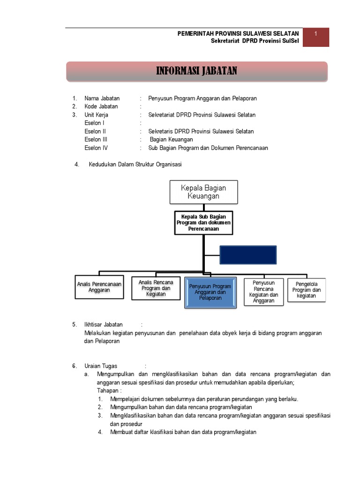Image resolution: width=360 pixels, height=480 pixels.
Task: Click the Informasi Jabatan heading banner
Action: click(x=196, y=71)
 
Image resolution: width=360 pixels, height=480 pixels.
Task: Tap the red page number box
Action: click(x=316, y=37)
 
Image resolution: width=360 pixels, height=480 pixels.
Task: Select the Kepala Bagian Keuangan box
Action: click(x=203, y=192)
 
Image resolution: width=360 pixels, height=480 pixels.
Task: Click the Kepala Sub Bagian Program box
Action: click(x=203, y=223)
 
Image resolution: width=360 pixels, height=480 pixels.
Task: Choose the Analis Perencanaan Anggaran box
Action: click(x=99, y=287)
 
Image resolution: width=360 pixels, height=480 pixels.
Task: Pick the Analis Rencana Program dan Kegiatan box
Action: click(x=156, y=288)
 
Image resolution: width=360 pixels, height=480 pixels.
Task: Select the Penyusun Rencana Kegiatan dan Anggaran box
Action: click(x=263, y=292)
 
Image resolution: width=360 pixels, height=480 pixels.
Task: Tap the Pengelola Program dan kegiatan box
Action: click(x=307, y=290)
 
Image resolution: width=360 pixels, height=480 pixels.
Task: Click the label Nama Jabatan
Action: click(x=102, y=98)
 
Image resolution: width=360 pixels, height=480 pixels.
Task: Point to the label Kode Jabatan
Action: click(x=101, y=106)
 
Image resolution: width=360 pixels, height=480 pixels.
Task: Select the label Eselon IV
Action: click(x=96, y=148)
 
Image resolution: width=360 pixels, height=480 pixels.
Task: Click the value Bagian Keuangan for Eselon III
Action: click(x=171, y=140)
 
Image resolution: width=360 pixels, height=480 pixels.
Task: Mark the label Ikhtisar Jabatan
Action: click(x=104, y=324)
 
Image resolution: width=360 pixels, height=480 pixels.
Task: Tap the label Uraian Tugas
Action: click(x=101, y=366)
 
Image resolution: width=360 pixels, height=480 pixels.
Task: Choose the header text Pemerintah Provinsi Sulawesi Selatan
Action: click(x=238, y=33)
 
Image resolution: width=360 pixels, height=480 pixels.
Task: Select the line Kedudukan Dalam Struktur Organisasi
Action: click(x=135, y=164)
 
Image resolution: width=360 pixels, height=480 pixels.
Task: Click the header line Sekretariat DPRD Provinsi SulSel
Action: click(x=255, y=41)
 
